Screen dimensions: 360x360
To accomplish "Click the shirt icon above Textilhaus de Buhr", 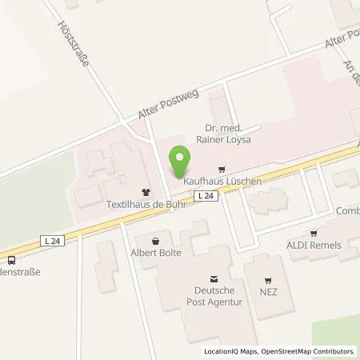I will tap(145, 192).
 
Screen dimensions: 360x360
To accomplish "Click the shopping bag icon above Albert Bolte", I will tap(156, 239).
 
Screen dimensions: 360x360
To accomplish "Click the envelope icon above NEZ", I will tap(268, 282).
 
